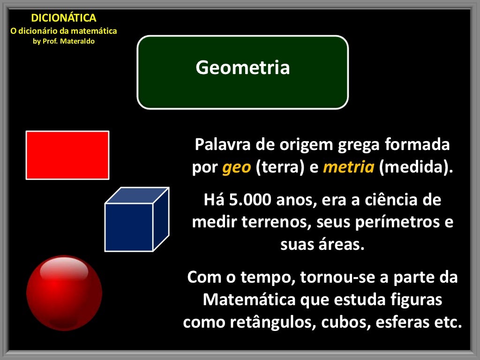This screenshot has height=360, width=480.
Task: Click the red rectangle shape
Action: [x=67, y=155]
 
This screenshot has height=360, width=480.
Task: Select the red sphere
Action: [x=64, y=292]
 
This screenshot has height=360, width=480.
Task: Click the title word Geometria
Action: [x=242, y=68]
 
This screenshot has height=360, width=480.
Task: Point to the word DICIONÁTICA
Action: [x=63, y=18]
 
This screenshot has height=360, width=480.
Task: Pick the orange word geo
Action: [x=237, y=168]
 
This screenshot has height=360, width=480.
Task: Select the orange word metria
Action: [x=348, y=168]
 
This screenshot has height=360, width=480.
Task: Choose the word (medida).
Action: [x=416, y=168]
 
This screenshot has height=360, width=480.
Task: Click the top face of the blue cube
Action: [x=137, y=195]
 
